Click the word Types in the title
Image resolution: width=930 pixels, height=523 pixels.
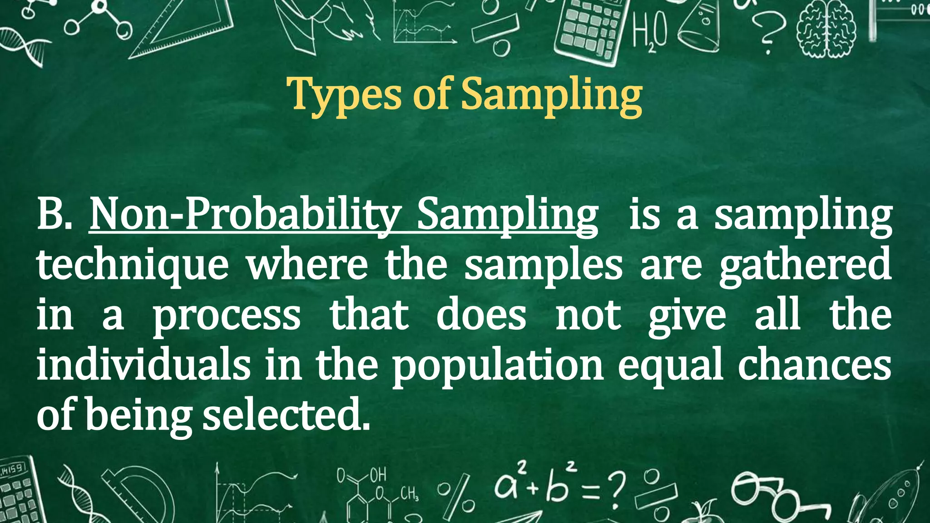pyautogui.click(x=346, y=94)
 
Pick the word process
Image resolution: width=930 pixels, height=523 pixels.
pyautogui.click(x=226, y=316)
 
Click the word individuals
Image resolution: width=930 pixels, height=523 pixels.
pyautogui.click(x=143, y=365)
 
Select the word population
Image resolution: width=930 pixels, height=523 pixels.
pyautogui.click(x=498, y=365)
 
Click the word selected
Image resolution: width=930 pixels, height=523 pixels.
pyautogui.click(x=286, y=415)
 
